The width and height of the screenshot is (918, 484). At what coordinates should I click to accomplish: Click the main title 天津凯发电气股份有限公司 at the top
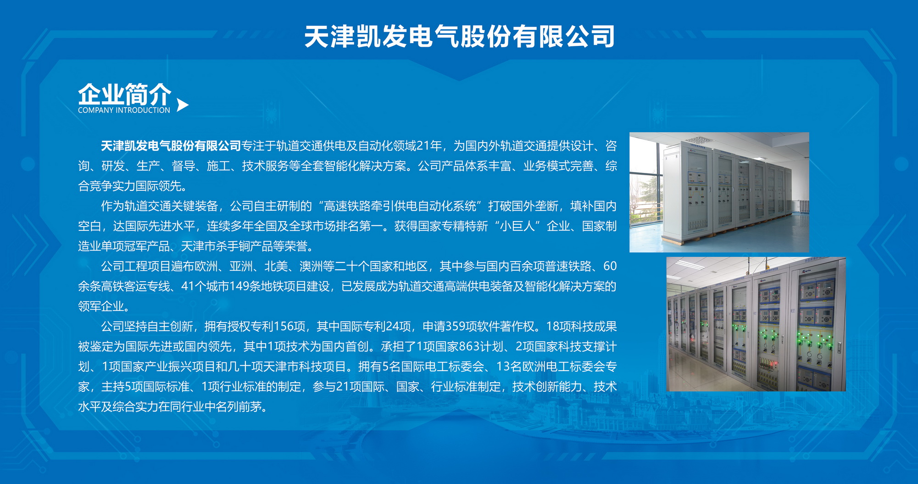[x=459, y=37]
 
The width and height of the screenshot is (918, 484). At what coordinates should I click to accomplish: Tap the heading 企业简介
[x=124, y=95]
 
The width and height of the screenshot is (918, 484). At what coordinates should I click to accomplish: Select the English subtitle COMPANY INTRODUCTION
[x=124, y=110]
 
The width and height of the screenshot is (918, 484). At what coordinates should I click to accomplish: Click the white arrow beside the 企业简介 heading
[x=182, y=105]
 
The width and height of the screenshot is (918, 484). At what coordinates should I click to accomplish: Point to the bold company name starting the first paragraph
[x=171, y=146]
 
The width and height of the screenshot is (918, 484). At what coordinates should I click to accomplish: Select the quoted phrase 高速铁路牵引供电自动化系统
[x=400, y=206]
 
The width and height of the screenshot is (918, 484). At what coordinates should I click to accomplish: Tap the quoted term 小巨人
[x=517, y=226]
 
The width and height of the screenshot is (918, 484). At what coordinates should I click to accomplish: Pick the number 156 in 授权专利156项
[x=283, y=326]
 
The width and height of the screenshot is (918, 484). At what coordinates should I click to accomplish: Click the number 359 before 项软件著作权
[x=456, y=326]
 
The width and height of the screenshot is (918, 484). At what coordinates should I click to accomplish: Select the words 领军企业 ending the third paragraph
[x=101, y=306]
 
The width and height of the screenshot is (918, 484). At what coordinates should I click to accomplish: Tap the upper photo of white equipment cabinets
[x=719, y=192]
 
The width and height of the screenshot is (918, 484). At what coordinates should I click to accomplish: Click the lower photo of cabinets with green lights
[x=756, y=324]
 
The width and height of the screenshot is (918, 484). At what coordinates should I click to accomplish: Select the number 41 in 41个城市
[x=188, y=286]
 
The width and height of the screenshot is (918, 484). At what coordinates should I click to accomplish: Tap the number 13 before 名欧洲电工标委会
[x=503, y=367]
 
